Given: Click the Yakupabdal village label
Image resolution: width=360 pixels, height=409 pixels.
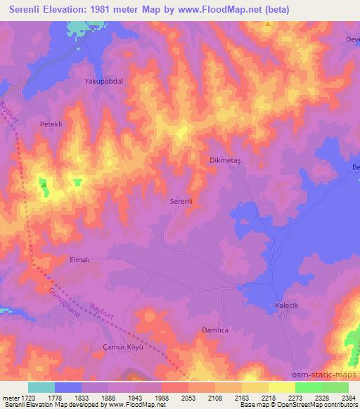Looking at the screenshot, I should pyautogui.click(x=103, y=82).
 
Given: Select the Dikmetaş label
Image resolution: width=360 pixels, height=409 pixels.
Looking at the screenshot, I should pyautogui.click(x=225, y=160).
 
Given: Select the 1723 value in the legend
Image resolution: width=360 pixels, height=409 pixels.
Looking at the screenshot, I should pyautogui.click(x=27, y=397).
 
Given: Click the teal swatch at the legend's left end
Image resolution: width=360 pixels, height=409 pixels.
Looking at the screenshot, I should pyautogui.click(x=41, y=387).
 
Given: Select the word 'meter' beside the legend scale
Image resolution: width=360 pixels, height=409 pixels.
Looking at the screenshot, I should pyautogui.click(x=10, y=397).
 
